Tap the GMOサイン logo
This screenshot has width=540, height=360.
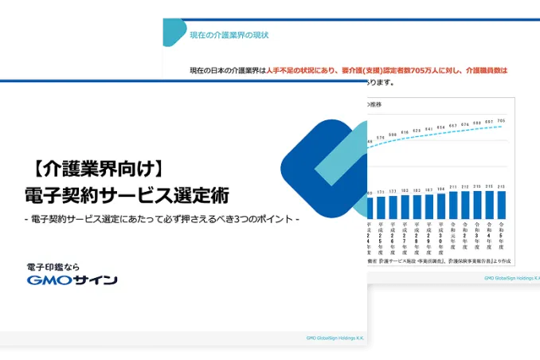coord(72,280)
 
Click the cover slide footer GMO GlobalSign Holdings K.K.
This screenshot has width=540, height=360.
coord(335,337)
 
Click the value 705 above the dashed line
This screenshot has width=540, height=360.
coord(501,121)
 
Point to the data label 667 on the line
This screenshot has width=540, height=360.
coord(453,125)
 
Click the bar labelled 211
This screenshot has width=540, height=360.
coord(453,203)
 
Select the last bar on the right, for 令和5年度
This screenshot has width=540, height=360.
coord(501,205)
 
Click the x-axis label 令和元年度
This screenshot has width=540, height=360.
coord(453,237)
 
